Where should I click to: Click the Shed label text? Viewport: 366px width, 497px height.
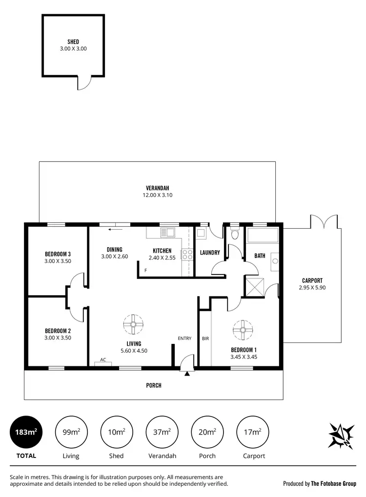tap(73, 42)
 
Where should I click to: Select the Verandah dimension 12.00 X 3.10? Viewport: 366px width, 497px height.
tap(157, 195)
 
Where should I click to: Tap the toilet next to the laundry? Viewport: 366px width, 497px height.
tap(235, 234)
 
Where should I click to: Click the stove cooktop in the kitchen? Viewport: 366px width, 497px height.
tap(187, 254)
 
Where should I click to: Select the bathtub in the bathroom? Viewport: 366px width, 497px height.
tap(263, 236)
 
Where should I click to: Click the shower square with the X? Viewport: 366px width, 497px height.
tap(255, 285)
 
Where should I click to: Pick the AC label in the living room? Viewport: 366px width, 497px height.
tap(103, 359)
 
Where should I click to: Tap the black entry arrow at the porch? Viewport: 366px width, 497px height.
tap(187, 374)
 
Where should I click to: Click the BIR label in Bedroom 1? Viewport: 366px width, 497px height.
tap(205, 338)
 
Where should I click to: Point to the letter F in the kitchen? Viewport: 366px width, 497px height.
tap(145, 270)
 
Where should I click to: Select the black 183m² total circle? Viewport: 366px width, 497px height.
tap(26, 432)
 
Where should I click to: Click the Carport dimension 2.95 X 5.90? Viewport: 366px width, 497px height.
tap(312, 288)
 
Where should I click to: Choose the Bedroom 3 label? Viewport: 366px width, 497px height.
tap(58, 254)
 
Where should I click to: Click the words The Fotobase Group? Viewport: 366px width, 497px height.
tap(334, 484)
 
